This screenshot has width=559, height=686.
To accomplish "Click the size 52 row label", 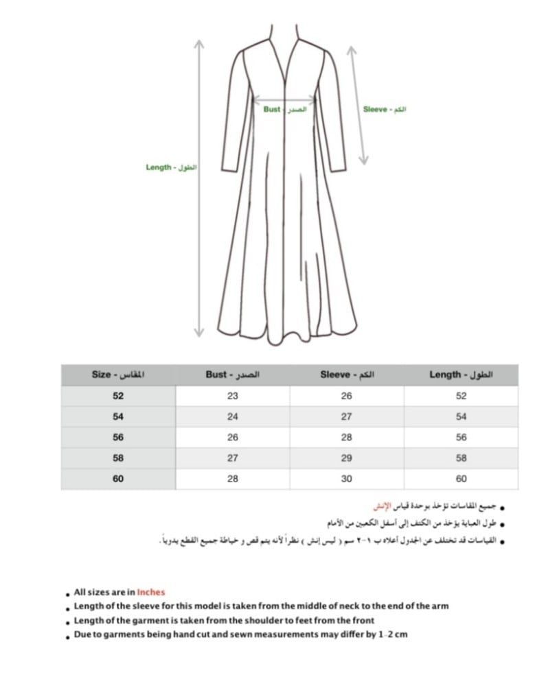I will [x=118, y=396].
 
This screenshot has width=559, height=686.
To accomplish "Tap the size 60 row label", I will [x=118, y=479].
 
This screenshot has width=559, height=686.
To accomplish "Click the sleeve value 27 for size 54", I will [x=346, y=416].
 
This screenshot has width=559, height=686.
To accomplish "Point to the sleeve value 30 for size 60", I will [x=346, y=479].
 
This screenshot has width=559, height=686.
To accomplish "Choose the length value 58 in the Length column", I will [x=461, y=458].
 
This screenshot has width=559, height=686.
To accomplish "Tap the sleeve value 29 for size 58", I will [x=346, y=458].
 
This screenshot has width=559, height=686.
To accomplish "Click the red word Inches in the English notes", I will [x=151, y=592].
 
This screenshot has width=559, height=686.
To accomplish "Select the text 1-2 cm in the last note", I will [x=393, y=635].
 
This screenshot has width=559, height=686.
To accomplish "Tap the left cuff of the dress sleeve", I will [x=227, y=167].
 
